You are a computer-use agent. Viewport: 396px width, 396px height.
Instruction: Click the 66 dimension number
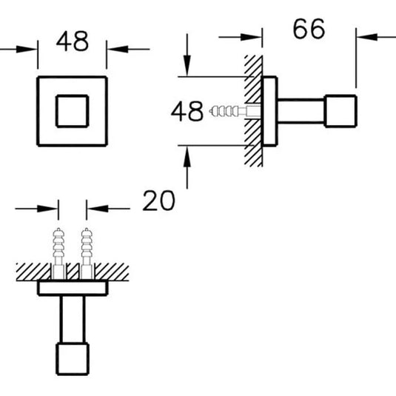tap(309, 29)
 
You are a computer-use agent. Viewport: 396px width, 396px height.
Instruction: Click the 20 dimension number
tap(158, 201)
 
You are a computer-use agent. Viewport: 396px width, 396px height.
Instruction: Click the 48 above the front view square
tap(73, 41)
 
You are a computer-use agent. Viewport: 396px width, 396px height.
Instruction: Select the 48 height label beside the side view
tap(187, 111)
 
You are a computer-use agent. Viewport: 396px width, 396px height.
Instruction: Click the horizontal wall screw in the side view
tap(235, 111)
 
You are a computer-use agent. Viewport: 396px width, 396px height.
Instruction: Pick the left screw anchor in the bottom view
tap(58, 253)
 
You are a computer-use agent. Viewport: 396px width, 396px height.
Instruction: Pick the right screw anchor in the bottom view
tap(87, 253)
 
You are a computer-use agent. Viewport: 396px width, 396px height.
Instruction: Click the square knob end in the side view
tap(340, 111)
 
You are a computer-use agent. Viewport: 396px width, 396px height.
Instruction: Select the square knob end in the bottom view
tap(73, 359)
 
